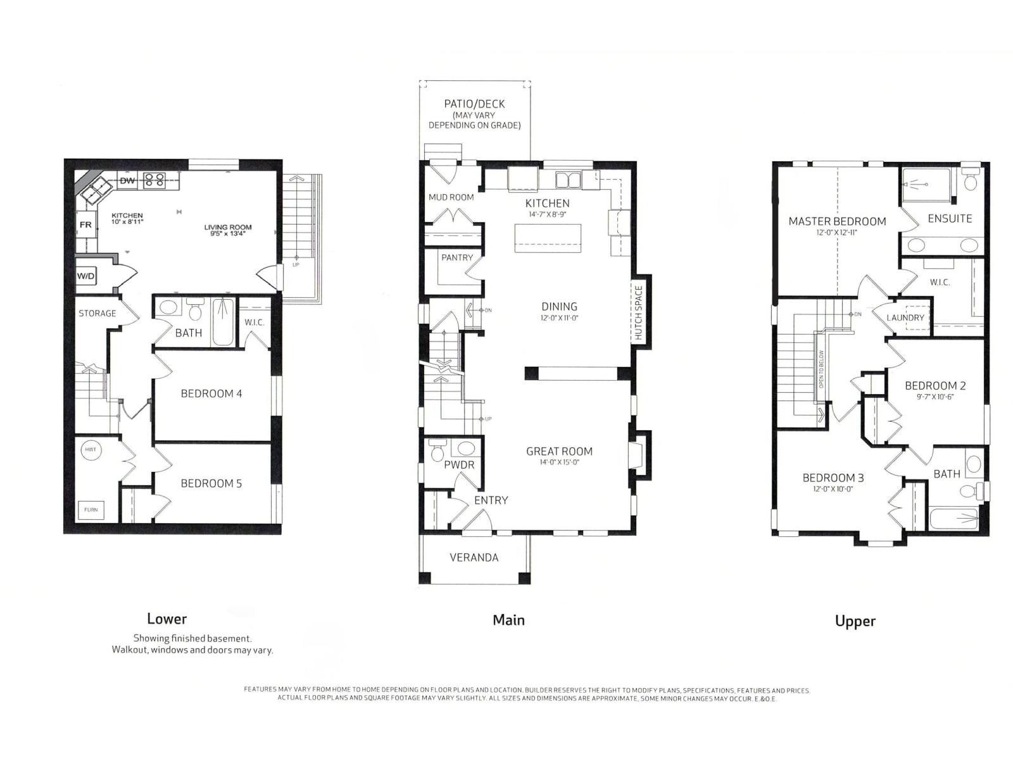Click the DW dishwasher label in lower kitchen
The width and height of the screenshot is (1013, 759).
pyautogui.click(x=127, y=181)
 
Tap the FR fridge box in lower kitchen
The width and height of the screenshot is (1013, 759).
pyautogui.click(x=85, y=225)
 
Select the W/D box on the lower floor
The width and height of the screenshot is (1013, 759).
pyautogui.click(x=85, y=276)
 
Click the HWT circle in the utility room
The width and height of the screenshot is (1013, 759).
pyautogui.click(x=91, y=450)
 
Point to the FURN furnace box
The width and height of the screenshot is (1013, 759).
pyautogui.click(x=91, y=510)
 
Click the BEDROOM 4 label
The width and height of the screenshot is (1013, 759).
pyautogui.click(x=211, y=393)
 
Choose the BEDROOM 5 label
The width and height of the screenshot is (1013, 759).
pyautogui.click(x=211, y=483)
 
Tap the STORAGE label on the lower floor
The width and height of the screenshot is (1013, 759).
pyautogui.click(x=97, y=313)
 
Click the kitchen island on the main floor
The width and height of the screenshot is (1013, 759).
pyautogui.click(x=548, y=239)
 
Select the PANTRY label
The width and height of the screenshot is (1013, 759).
pyautogui.click(x=457, y=257)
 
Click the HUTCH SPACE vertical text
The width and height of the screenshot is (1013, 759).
pyautogui.click(x=638, y=313)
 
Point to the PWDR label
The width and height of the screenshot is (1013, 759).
pyautogui.click(x=459, y=465)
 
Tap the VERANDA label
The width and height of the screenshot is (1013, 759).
pyautogui.click(x=474, y=557)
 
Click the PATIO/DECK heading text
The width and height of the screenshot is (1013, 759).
pyautogui.click(x=474, y=104)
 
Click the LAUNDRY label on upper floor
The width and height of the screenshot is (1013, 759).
pyautogui.click(x=905, y=318)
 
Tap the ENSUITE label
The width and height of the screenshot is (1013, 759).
pyautogui.click(x=950, y=218)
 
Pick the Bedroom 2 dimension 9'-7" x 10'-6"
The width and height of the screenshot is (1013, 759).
pyautogui.click(x=934, y=397)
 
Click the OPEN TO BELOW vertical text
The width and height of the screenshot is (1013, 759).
pyautogui.click(x=821, y=369)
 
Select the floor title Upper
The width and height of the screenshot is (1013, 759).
pyautogui.click(x=855, y=621)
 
